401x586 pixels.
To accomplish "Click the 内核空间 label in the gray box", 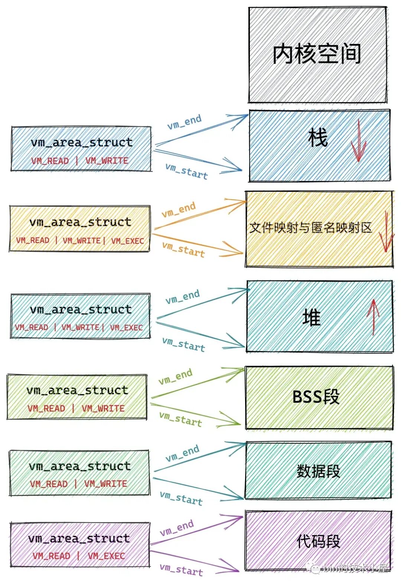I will pos(317,54).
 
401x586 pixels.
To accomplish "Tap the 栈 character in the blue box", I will pos(318,137).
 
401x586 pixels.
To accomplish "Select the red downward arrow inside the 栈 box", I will pos(358,143).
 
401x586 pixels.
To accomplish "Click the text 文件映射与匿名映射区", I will pos(310,227).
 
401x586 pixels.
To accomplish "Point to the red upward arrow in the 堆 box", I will pos(373,317).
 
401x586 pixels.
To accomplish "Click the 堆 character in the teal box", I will pos(311,318).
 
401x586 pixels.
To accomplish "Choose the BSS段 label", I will pos(316,397).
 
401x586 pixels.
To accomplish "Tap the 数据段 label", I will pos(318,471).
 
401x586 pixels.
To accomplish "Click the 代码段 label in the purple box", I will pos(318,541).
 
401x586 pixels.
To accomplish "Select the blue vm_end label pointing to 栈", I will pos(184,122).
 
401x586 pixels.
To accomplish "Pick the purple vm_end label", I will pos(177,528).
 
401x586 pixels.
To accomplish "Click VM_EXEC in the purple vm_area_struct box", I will pos(106,556).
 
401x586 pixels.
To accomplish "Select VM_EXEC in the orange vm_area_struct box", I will pos(127,241).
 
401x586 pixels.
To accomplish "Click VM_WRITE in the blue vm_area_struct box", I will pos(107,161).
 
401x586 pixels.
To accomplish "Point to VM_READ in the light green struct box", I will pos(46,408).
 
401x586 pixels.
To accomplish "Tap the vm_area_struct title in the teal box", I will pos(81,310).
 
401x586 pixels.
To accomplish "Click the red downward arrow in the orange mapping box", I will pos(386,232).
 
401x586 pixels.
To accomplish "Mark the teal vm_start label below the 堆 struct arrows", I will pos(183,344).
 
